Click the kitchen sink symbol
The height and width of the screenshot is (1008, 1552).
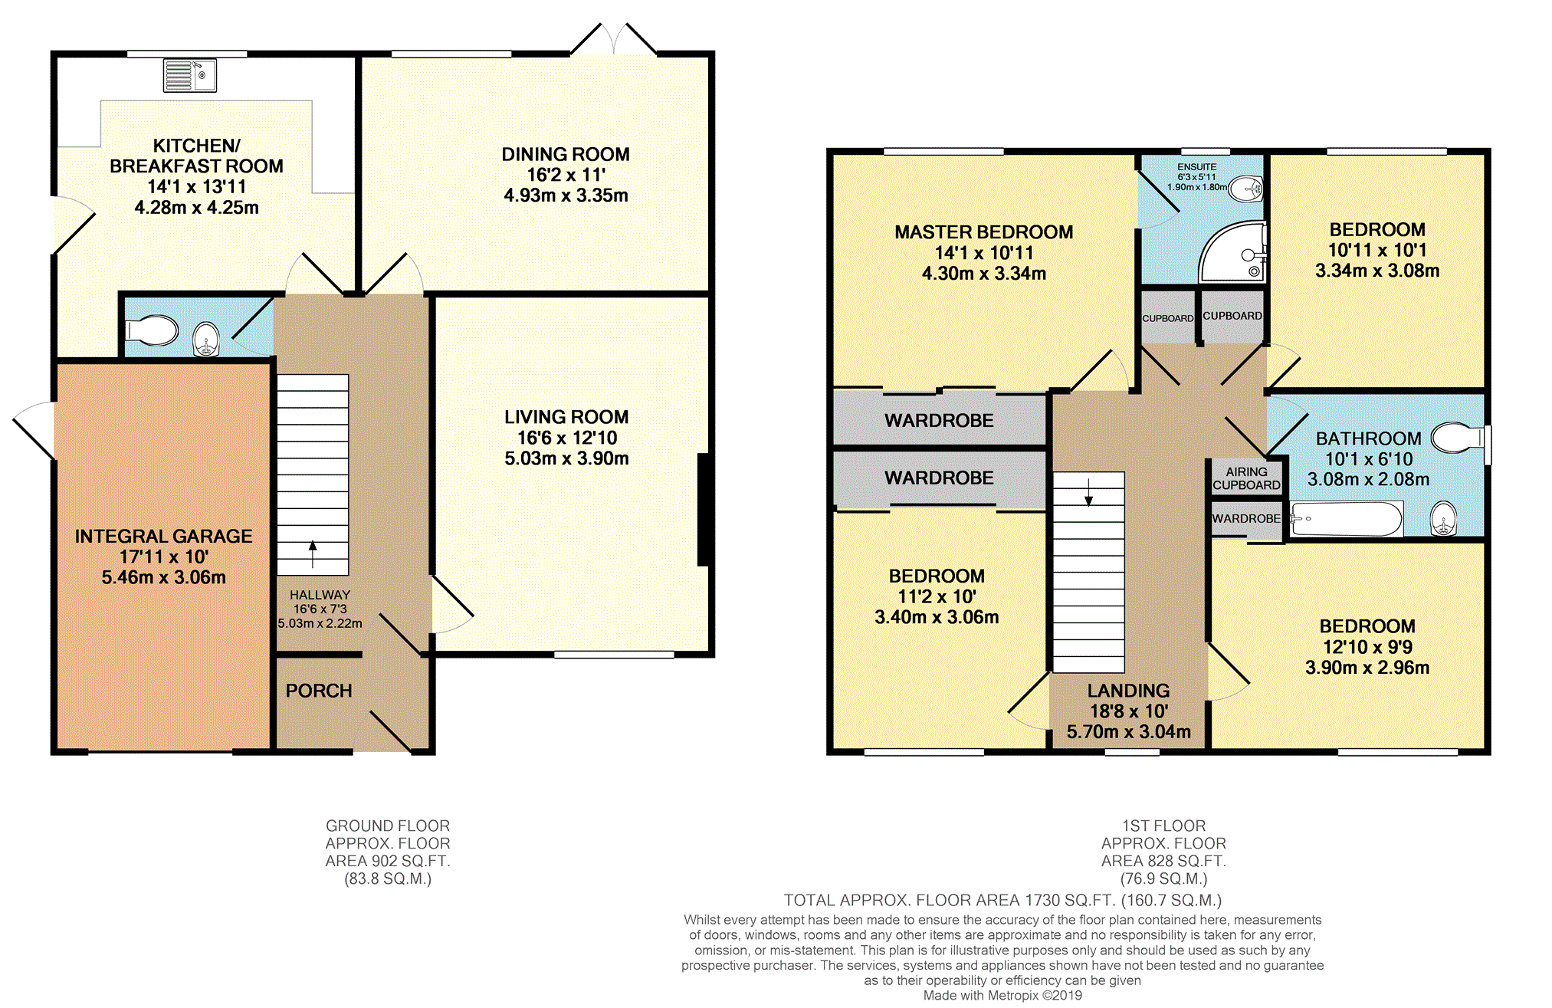point(190,75)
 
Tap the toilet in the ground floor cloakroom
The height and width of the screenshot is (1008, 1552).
point(152,331)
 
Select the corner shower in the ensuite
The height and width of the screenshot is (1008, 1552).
point(1232,252)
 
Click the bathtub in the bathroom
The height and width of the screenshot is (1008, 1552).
point(1347,519)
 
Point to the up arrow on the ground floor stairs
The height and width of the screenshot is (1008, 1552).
point(313,554)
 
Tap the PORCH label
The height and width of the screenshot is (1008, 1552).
point(319,691)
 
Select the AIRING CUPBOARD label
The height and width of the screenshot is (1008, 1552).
point(1246,478)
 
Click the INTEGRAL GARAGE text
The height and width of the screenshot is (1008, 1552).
point(163,536)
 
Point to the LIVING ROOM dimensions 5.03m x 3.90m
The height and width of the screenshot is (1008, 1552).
point(566,458)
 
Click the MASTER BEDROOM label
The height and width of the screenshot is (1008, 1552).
point(984,232)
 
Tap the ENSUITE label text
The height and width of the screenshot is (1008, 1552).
point(1197,166)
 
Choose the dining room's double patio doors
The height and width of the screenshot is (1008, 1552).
point(614,39)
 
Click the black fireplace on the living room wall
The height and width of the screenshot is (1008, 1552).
point(703,511)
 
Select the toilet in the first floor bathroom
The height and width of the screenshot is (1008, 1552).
point(1461,438)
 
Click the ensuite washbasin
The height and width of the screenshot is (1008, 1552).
point(1246,189)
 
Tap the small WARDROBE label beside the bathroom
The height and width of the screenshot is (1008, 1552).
point(1246,519)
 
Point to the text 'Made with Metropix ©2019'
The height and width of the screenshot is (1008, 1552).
point(1002,995)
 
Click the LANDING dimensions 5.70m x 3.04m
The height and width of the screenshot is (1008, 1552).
point(1129,732)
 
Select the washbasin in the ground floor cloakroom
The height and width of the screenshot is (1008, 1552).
point(206,340)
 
